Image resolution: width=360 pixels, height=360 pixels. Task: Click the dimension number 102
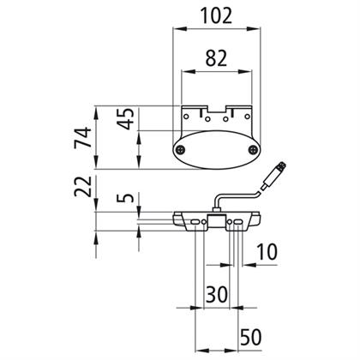coord(217,15)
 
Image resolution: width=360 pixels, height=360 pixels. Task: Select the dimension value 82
coord(216,58)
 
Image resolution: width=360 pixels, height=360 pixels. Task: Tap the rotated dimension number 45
coord(126,118)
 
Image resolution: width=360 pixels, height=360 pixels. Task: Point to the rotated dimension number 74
coord(83,137)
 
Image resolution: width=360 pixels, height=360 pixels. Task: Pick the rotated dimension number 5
coord(126,198)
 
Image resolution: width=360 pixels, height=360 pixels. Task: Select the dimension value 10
coord(267,252)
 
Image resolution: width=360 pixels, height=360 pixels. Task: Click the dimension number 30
coord(217,294)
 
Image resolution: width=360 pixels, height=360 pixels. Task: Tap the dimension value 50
coord(251,337)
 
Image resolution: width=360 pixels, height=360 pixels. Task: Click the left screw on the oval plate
coord(180,149)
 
